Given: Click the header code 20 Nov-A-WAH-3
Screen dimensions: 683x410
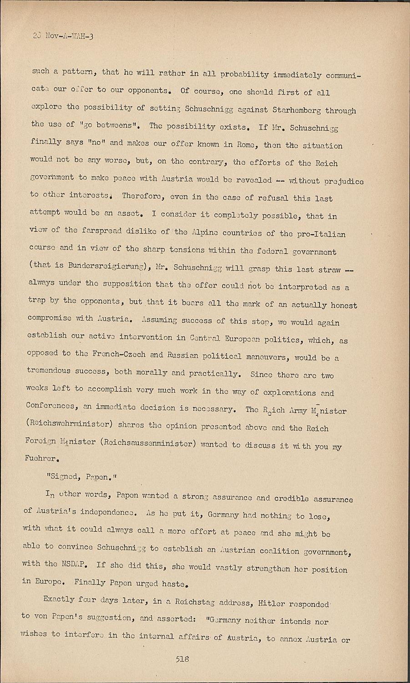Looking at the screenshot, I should coord(63,36).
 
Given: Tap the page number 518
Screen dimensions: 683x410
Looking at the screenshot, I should coord(182,658).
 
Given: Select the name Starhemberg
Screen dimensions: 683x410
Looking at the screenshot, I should coord(299,111).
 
